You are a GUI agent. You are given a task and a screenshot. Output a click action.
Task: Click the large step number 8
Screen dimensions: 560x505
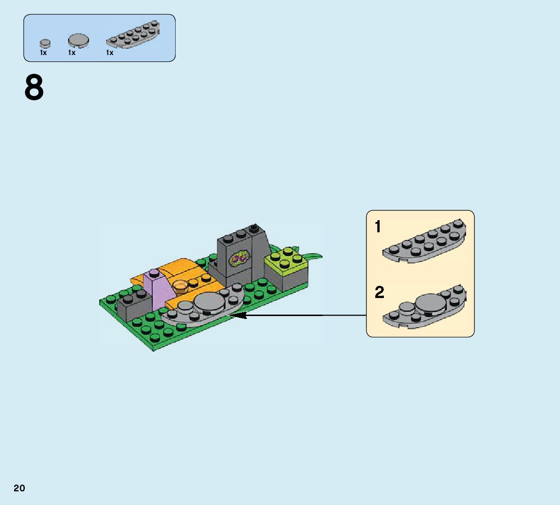coord(34,88)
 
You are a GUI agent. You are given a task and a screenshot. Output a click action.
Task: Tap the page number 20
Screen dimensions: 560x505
coord(19,488)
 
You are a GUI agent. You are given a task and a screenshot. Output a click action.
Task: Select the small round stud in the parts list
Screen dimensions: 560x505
coord(45,43)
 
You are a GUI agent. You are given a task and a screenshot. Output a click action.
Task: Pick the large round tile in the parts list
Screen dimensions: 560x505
coord(78,40)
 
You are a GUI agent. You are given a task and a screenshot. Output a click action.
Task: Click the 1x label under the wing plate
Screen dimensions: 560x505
coord(109,53)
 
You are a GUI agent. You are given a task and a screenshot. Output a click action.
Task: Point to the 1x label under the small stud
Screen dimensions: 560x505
coord(43,53)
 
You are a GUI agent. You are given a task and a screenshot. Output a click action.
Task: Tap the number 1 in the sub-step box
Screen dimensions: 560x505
coord(378,226)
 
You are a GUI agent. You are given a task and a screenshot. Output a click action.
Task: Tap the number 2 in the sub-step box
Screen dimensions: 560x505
coord(379,292)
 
